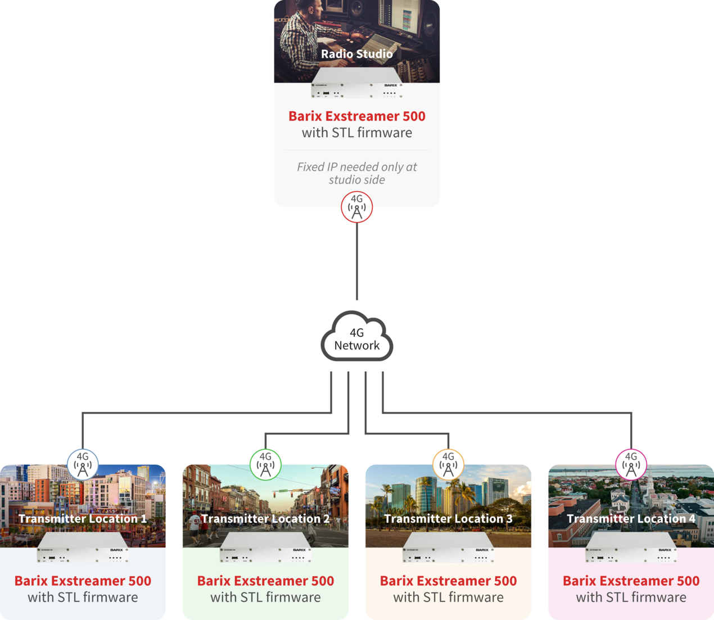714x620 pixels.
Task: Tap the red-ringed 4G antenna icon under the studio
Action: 357,207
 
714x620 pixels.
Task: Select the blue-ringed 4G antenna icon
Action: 83,464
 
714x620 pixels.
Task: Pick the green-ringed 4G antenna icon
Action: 265,464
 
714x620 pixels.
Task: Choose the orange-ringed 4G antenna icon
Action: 448,464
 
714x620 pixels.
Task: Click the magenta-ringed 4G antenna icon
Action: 631,464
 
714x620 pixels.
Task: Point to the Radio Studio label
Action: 357,54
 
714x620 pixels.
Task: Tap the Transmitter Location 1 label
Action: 83,519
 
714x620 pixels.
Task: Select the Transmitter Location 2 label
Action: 265,519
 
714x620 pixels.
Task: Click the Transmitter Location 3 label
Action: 448,519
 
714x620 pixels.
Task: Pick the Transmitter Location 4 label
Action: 631,519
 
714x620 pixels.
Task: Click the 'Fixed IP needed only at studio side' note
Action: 357,173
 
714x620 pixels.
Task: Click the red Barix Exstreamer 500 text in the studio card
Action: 357,116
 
